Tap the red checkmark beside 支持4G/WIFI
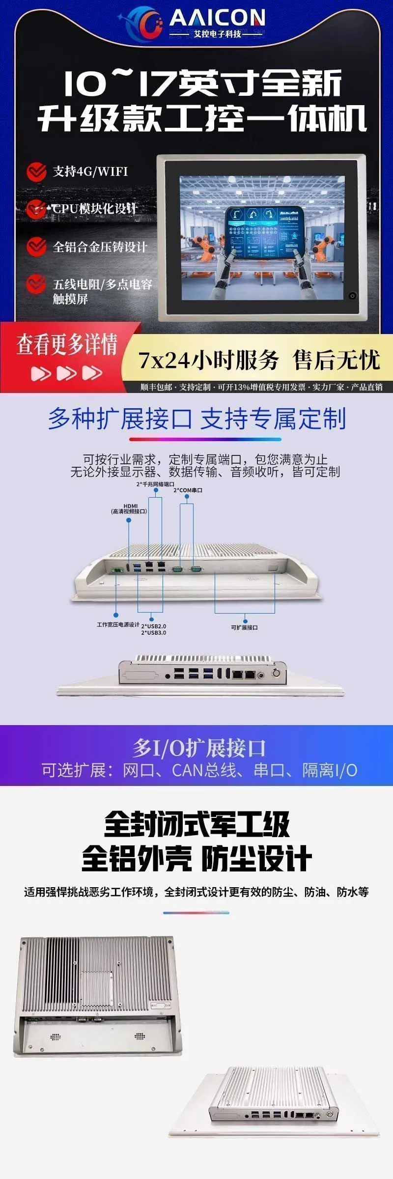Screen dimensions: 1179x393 pos(36,171)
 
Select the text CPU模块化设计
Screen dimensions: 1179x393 pos(94,208)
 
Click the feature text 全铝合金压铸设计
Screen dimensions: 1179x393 pos(100,247)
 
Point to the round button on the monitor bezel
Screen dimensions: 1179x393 pos(352,296)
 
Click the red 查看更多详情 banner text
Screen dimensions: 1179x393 pos(67,344)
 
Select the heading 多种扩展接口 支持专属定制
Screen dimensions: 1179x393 pos(197,419)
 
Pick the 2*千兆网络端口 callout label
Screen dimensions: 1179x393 pos(155,484)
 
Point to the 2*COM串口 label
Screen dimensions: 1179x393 pos(188,490)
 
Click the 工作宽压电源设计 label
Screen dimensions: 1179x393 pos(118,624)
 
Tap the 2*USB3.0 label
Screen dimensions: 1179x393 pos(154,633)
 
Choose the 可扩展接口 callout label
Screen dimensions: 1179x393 pos(244,627)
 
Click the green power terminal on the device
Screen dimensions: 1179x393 pos(117,570)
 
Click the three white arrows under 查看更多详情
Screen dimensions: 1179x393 pos(67,373)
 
